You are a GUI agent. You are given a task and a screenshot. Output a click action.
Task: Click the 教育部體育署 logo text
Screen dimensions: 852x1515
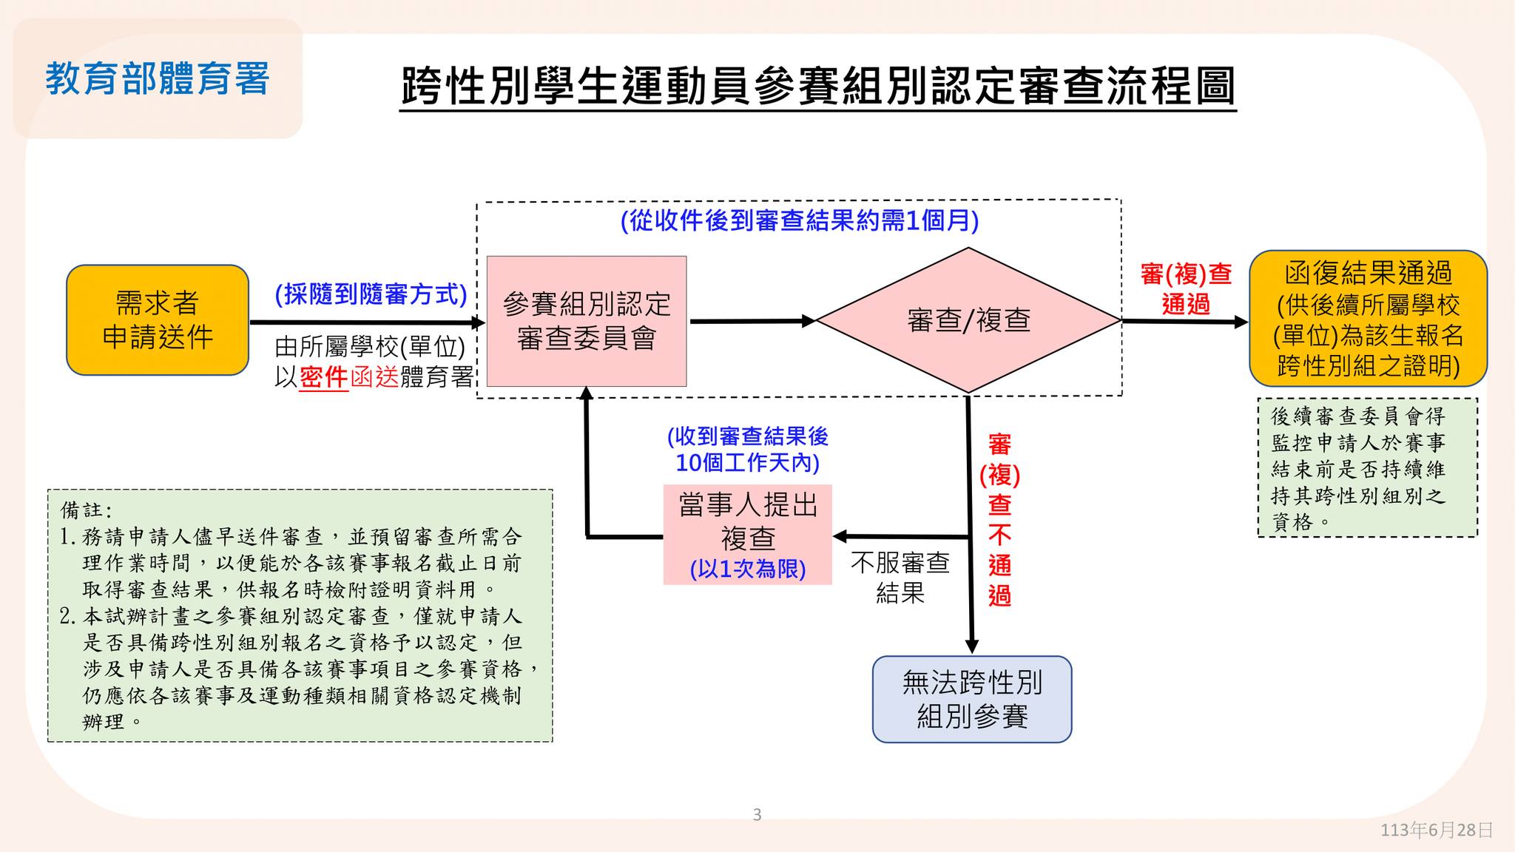pyautogui.click(x=157, y=79)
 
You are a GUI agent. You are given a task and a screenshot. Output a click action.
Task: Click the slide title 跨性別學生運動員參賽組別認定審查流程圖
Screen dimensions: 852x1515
pyautogui.click(x=817, y=87)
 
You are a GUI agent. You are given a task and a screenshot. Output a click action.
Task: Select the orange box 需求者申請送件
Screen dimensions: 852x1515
pyautogui.click(x=158, y=320)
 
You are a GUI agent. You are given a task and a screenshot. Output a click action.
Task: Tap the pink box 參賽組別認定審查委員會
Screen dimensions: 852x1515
pyautogui.click(x=586, y=321)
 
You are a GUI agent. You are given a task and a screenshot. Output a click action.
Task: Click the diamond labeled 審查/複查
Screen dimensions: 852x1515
pyautogui.click(x=968, y=320)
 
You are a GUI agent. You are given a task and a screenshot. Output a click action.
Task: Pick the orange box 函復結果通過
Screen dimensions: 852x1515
pyautogui.click(x=1368, y=319)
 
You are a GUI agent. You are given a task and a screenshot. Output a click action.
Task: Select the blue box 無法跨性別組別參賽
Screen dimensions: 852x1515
pyautogui.click(x=972, y=699)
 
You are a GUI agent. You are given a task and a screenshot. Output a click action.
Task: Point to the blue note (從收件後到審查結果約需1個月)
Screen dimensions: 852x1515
pyautogui.click(x=800, y=220)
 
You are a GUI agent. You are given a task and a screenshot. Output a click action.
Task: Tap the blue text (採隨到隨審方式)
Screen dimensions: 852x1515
pyautogui.click(x=371, y=294)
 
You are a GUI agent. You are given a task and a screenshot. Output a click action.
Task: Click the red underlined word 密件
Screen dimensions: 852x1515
pyautogui.click(x=323, y=377)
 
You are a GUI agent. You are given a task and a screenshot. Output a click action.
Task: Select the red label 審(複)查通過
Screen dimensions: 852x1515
pyautogui.click(x=1186, y=289)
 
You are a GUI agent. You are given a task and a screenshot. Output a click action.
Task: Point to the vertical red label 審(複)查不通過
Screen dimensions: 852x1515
pyautogui.click(x=999, y=520)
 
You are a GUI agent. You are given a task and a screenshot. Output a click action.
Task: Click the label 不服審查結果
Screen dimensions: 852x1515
pyautogui.click(x=900, y=578)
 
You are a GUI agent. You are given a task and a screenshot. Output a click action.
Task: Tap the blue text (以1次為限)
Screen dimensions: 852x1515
pyautogui.click(x=747, y=569)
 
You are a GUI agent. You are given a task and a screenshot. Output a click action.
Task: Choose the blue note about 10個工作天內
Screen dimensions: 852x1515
pyautogui.click(x=747, y=450)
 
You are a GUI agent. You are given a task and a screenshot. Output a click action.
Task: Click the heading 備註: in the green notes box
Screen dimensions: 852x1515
pyautogui.click(x=87, y=510)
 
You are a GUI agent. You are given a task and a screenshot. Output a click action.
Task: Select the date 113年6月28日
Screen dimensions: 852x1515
pyautogui.click(x=1436, y=830)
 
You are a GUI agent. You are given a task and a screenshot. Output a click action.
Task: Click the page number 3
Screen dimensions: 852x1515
pyautogui.click(x=757, y=815)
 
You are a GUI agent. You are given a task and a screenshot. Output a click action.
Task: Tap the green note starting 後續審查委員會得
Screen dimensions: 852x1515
pyautogui.click(x=1367, y=468)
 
